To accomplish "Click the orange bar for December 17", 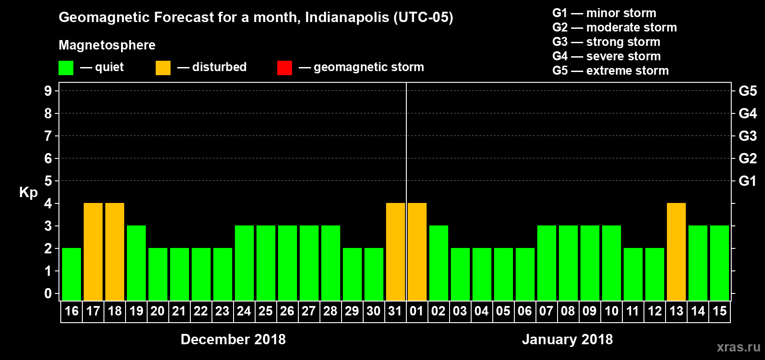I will click(93, 252).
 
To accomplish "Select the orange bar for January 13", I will click(676, 252).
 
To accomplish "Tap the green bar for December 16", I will click(72, 274).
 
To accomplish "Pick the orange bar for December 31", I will click(396, 252).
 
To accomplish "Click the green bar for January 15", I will click(720, 263).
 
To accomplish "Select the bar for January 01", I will click(417, 252).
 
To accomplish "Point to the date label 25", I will click(265, 311).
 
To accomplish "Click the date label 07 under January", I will click(546, 311).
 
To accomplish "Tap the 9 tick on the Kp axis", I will click(48, 91).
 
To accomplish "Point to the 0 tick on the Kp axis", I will click(48, 293).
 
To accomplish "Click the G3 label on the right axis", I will click(747, 136).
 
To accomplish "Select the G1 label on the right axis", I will click(747, 181).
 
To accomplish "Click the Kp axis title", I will click(28, 192).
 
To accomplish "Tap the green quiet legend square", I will click(66, 68).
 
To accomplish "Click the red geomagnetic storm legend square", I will click(284, 68).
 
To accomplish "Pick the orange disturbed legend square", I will click(163, 68).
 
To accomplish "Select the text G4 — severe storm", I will click(606, 56).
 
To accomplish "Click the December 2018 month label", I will click(233, 339).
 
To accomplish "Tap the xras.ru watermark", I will click(738, 347).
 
